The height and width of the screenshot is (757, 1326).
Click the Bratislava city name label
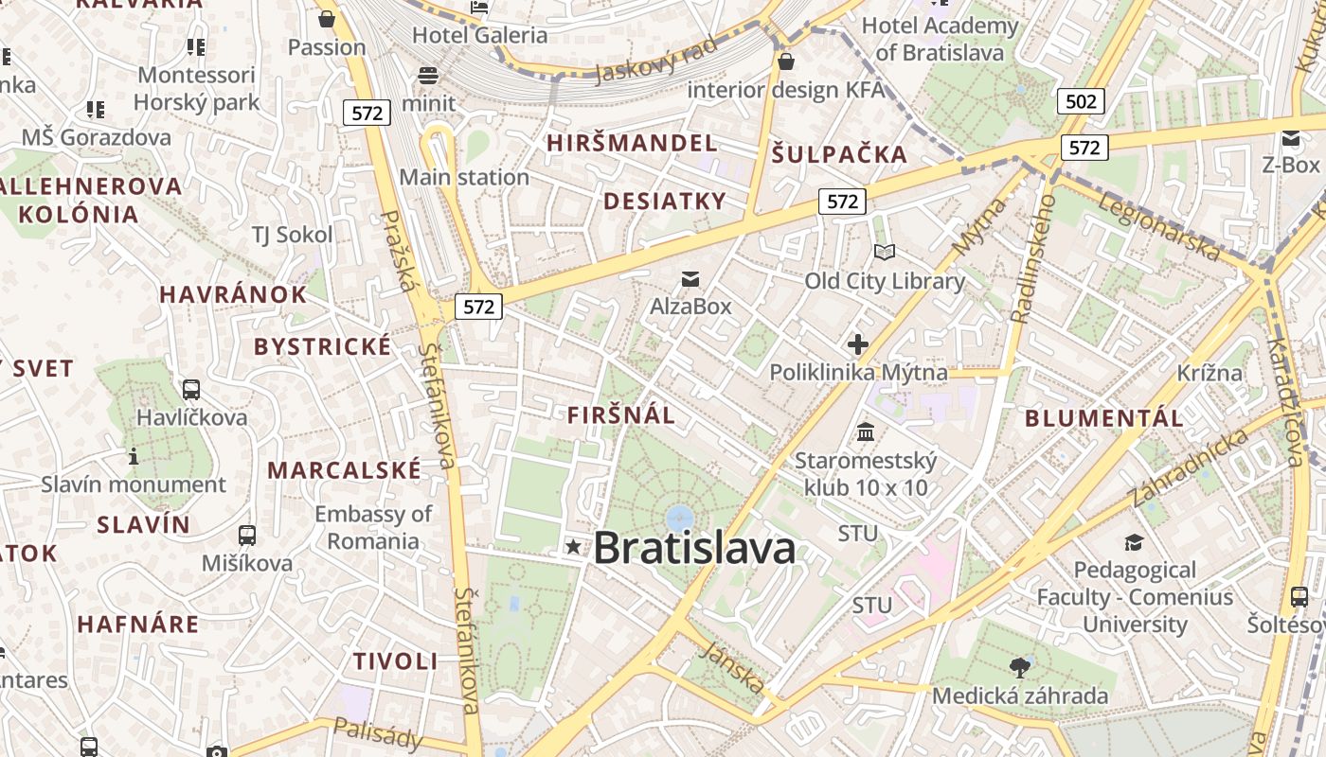pos(694,548)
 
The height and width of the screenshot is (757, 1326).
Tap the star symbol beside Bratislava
pos(573,546)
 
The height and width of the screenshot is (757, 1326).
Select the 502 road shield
pos(1081,101)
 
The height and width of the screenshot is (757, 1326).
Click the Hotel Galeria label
pos(479,35)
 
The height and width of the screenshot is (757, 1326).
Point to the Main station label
pos(464,177)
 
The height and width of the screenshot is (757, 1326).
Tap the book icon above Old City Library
pos(885,252)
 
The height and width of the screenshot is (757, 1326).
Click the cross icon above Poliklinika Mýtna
pos(858,344)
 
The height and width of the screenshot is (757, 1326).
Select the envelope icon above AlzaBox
pos(690,278)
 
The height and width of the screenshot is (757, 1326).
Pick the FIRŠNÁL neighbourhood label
pos(621,414)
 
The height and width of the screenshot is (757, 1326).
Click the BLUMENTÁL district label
pos(1104,418)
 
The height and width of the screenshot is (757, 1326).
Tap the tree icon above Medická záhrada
pos(1020,668)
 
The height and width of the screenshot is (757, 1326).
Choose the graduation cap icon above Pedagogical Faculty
pos(1134,542)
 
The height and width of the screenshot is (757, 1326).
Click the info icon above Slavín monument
pos(134,457)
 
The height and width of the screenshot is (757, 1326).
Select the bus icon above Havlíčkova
pos(191,389)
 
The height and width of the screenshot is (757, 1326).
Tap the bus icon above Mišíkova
pos(247,536)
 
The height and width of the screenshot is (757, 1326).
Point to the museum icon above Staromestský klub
pos(866,432)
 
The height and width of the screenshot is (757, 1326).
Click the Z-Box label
pos(1290,164)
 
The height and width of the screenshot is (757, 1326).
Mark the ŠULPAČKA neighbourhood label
pos(838,154)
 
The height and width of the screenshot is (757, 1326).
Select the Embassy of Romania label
pos(372,527)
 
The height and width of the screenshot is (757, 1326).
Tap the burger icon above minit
pos(428,76)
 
